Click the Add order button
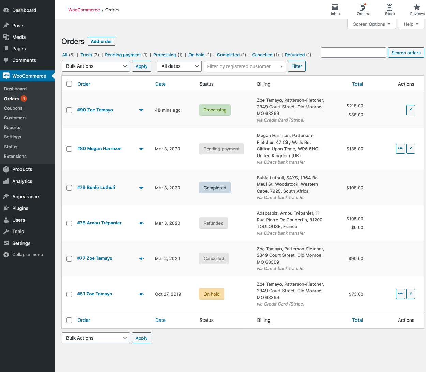(101, 41)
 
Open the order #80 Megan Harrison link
(99, 149)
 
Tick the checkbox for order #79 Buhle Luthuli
(69, 188)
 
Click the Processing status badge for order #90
(215, 110)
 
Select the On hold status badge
(211, 294)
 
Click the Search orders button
(406, 53)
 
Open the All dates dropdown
(180, 66)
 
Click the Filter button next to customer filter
(296, 66)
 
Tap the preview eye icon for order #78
(141, 223)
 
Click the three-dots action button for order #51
(400, 294)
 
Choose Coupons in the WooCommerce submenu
(13, 108)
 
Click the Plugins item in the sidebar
(20, 208)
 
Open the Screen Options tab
(371, 24)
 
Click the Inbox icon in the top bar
(335, 10)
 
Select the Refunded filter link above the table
(295, 55)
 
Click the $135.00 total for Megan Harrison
(354, 149)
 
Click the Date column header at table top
(160, 84)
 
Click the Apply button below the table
(141, 338)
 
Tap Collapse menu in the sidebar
(27, 255)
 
